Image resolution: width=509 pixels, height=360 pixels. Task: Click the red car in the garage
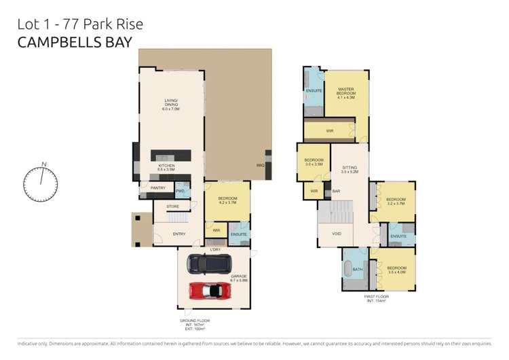[x=210, y=291]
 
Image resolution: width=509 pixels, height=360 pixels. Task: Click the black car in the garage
[x=208, y=263]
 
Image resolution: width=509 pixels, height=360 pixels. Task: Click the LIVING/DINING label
[x=169, y=105]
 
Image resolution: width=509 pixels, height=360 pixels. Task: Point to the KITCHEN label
[x=167, y=166]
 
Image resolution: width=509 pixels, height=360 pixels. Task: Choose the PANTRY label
[x=157, y=188]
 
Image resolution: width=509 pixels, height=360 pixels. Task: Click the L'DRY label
[x=216, y=250]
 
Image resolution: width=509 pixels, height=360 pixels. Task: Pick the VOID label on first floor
[x=337, y=234]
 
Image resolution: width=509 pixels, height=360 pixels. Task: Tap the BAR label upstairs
[x=336, y=192]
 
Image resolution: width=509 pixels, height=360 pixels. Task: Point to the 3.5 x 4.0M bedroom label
[x=396, y=270]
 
